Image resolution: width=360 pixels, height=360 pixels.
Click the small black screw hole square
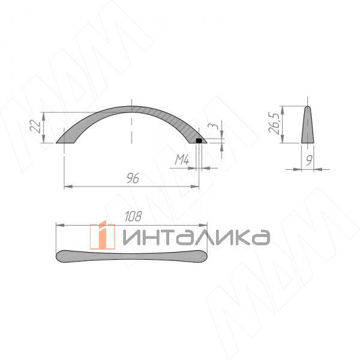[199, 140]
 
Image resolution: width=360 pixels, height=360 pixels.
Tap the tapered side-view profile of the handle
[307, 127]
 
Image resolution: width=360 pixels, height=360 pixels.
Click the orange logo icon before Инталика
[103, 235]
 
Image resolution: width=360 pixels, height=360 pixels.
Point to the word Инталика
[195, 237]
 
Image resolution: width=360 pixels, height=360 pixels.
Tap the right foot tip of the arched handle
[206, 142]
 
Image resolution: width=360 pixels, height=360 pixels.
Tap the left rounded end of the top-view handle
[59, 256]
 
